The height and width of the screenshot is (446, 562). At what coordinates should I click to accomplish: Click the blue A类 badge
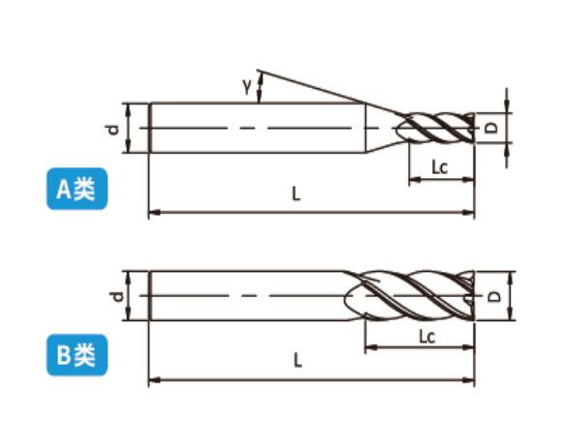(78, 189)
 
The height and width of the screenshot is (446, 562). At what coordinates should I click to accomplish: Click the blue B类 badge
(78, 355)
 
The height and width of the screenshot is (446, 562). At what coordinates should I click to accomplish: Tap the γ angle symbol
(247, 86)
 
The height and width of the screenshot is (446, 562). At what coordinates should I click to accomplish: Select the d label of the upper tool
(112, 129)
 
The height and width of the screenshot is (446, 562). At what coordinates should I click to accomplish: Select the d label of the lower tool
(117, 296)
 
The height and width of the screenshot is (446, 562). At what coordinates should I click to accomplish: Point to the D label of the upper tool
(492, 128)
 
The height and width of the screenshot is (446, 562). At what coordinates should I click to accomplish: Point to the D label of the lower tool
(494, 296)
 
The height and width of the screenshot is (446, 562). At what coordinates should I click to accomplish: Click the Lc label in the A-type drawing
(439, 166)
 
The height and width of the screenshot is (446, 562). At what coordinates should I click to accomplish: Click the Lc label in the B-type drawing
(427, 337)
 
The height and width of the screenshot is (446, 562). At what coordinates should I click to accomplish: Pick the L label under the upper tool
(297, 193)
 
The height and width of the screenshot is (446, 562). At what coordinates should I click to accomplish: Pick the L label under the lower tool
(297, 361)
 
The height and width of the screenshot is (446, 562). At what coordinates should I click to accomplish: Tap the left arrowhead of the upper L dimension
(154, 213)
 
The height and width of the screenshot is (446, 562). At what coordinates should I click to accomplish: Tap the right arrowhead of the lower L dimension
(468, 380)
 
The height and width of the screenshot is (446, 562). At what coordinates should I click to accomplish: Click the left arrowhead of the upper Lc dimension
(415, 179)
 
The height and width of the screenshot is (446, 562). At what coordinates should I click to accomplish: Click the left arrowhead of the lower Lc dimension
(370, 347)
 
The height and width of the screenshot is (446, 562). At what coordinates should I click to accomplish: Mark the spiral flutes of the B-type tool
(409, 296)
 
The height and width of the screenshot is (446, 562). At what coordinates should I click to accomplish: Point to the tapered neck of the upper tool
(384, 128)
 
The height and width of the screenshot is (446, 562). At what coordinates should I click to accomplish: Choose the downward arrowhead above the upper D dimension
(507, 106)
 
